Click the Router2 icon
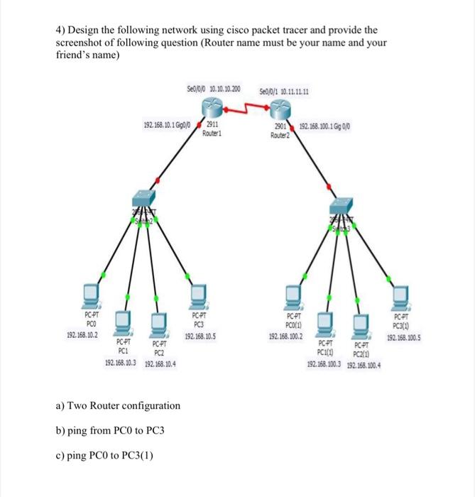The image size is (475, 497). click(278, 111)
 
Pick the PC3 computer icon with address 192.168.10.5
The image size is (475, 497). click(200, 293)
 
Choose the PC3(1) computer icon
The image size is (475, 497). click(402, 293)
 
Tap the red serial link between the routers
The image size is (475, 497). click(246, 109)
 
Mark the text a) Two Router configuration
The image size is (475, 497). click(117, 405)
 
